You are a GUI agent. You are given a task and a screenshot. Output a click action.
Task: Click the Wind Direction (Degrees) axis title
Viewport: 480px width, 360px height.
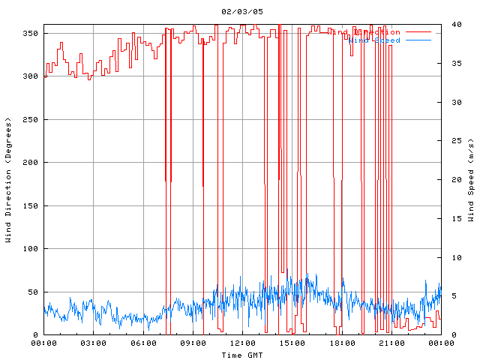click(8, 180)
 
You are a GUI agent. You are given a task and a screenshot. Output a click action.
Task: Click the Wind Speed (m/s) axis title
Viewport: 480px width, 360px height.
click(471, 180)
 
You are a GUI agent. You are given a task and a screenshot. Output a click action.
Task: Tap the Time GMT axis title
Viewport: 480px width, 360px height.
click(241, 354)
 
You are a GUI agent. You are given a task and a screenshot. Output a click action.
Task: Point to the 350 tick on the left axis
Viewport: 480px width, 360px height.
click(30, 34)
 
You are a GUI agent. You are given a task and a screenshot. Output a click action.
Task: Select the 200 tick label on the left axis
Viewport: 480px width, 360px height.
click(30, 163)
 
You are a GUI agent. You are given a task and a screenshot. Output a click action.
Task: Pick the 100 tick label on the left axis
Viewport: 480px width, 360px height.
click(30, 249)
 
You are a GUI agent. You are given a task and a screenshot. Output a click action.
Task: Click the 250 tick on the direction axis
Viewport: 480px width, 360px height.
click(30, 120)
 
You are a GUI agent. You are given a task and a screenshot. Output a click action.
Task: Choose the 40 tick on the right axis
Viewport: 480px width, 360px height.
click(448, 24)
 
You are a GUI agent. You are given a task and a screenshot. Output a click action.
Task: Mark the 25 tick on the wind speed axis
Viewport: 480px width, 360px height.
click(448, 140)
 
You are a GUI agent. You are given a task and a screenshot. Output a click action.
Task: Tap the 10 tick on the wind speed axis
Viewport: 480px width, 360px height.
click(448, 257)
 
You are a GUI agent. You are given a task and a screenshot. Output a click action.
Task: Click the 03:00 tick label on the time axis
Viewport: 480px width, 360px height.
click(94, 343)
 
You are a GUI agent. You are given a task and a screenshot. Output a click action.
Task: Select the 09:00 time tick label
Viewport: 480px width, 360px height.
click(193, 343)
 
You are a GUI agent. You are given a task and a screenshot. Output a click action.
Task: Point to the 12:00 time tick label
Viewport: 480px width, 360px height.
click(242, 343)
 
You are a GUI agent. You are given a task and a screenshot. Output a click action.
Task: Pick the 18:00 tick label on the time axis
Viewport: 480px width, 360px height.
click(341, 343)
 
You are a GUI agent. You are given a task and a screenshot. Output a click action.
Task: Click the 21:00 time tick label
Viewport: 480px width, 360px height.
click(391, 343)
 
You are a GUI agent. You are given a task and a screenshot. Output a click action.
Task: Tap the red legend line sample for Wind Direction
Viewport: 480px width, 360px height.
click(418, 32)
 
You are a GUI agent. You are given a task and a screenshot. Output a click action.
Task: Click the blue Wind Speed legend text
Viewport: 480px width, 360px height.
click(375, 40)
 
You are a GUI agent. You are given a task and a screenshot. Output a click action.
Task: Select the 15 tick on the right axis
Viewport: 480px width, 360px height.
click(448, 218)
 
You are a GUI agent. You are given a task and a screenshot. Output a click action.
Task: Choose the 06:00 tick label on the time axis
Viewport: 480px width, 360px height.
click(143, 343)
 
